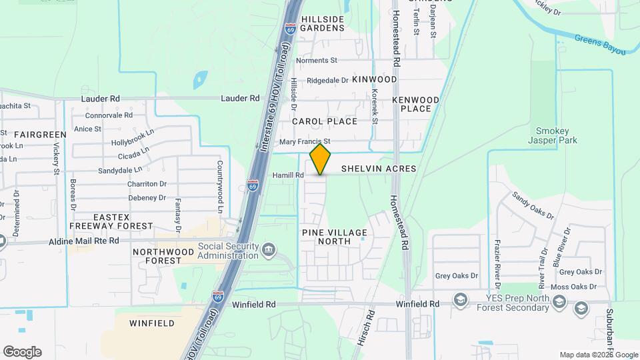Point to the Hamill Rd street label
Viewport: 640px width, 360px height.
click(x=287, y=175)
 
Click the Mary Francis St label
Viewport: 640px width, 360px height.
click(x=305, y=142)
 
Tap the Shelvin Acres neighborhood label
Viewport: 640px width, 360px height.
click(x=379, y=169)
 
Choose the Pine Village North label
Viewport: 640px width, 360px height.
click(x=335, y=237)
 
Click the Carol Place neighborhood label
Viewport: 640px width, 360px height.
click(x=325, y=121)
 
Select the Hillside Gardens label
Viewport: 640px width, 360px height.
click(x=322, y=24)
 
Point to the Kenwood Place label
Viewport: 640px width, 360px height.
click(x=416, y=104)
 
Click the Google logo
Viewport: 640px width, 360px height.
click(x=22, y=352)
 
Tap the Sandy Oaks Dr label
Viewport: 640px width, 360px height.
click(x=533, y=205)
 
